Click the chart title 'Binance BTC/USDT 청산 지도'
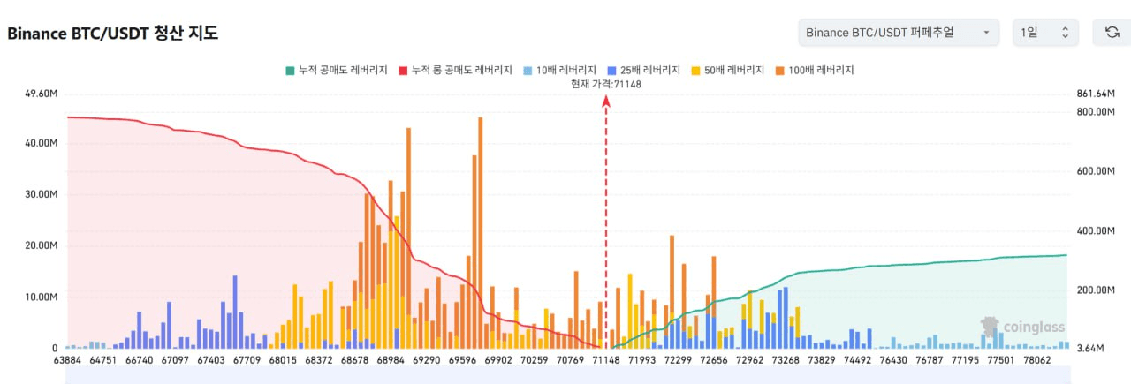point(112,34)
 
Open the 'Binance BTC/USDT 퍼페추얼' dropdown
point(898,33)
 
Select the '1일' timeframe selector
point(1045,33)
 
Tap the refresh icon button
point(1112,33)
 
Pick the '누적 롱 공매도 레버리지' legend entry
point(455,70)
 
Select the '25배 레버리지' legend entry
point(643,70)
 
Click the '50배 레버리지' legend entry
point(729,70)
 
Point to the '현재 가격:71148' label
point(606,84)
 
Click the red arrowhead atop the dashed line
point(606,101)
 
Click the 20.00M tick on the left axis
point(42,245)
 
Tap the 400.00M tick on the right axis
point(1096,230)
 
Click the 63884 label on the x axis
point(67,360)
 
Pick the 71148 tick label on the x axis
point(606,360)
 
